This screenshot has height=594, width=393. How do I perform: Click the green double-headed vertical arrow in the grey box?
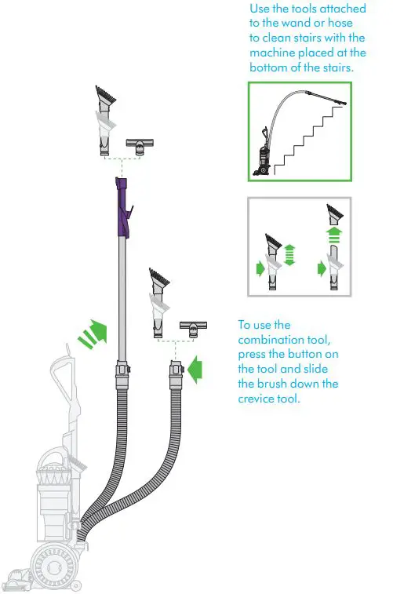tap(289, 255)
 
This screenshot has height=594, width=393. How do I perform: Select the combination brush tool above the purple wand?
tap(104, 126)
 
